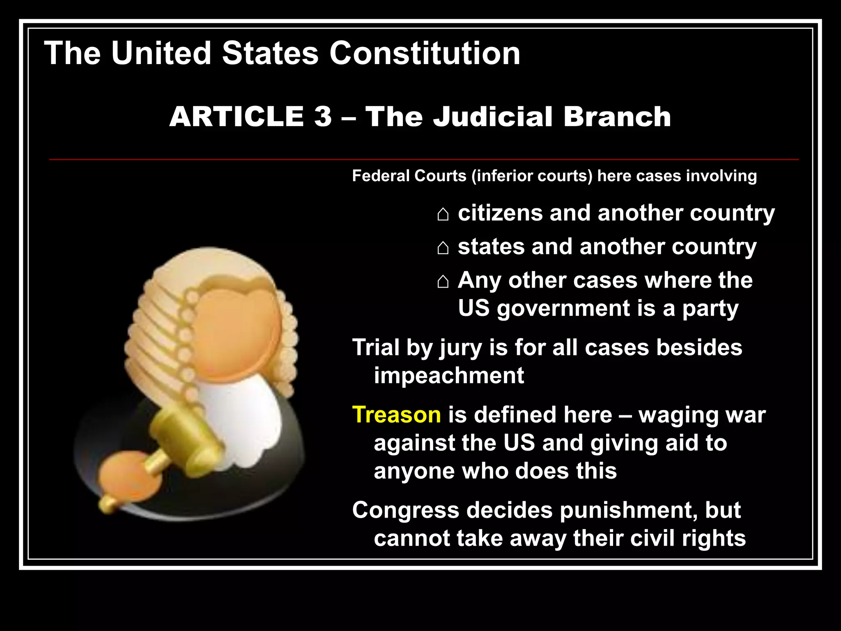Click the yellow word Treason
pos(396,415)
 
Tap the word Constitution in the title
pos(425,53)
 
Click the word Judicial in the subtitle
pos(493,117)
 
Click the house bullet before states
pos(443,248)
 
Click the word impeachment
pos(448,375)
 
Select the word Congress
pos(405,511)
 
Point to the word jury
pos(460,348)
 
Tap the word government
pos(563,309)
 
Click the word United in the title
pos(161,53)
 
